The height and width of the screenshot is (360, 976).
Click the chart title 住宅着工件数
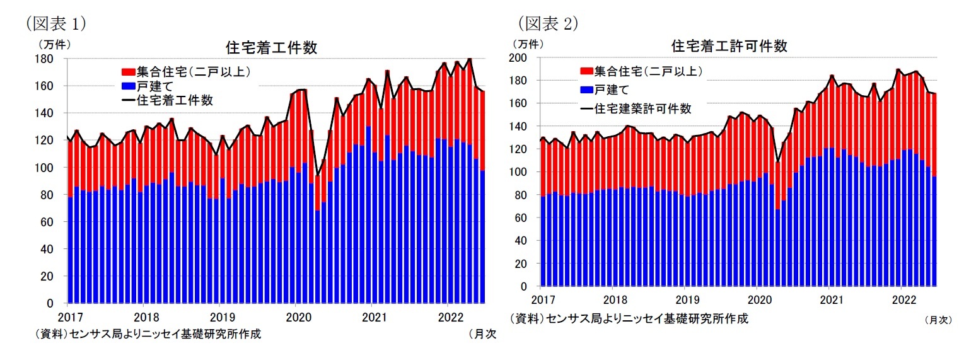(x=271, y=48)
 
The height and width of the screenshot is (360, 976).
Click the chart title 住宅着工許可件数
(x=729, y=46)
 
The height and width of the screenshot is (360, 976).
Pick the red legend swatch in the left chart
(x=127, y=72)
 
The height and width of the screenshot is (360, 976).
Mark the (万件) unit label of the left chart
(x=55, y=44)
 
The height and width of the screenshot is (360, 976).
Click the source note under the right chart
(x=629, y=318)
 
